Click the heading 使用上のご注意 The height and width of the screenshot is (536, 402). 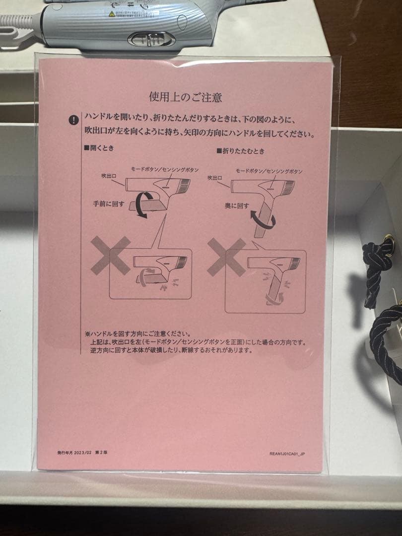coord(185,96)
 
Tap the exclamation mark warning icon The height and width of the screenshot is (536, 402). coord(74,120)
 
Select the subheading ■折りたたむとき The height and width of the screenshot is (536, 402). coord(241,150)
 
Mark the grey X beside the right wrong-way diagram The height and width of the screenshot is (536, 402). coord(226,257)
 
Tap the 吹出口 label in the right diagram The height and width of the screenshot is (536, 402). coord(215,177)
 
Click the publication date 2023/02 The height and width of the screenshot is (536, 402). coord(82,452)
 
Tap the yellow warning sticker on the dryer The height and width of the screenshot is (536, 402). coord(112,14)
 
